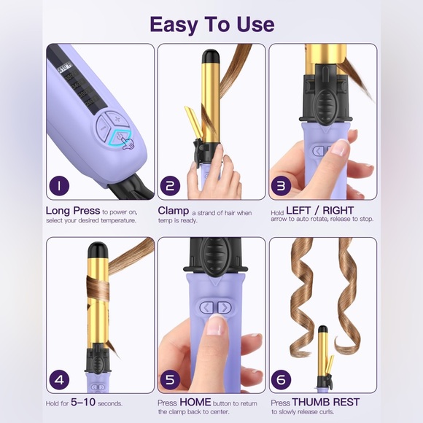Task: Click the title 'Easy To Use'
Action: (211, 23)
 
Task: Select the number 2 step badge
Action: (171, 185)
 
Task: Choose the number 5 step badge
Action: (171, 379)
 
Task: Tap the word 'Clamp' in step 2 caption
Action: (174, 210)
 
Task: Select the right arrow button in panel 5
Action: (224, 308)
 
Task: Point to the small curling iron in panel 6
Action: (322, 357)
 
